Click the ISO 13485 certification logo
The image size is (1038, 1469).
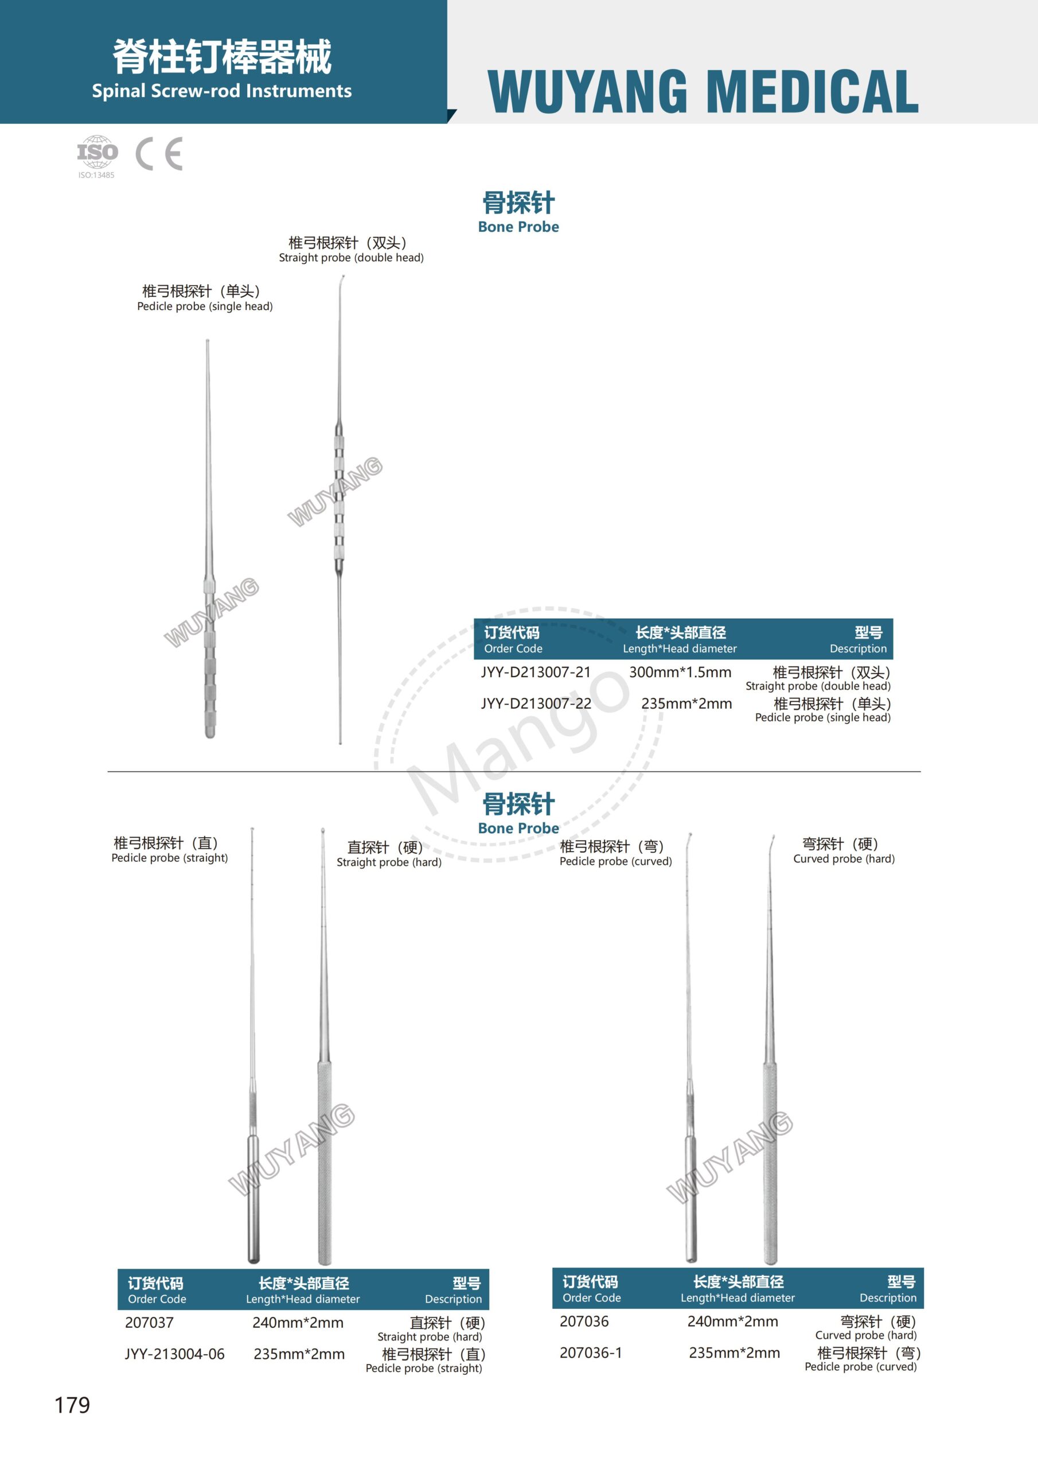pos(97,155)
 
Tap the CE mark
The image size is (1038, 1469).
pos(159,154)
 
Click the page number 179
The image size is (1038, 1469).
pos(72,1406)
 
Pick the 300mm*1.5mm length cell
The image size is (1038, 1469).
pos(680,672)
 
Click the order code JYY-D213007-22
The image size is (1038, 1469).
pos(536,703)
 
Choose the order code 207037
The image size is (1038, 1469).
pos(149,1323)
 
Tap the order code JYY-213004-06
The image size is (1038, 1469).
pos(174,1354)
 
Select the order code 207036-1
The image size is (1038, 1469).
pos(590,1353)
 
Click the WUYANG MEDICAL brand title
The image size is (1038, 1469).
pos(703,91)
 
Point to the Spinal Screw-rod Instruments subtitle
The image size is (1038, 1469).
pos(221,91)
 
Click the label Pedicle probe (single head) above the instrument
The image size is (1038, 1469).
pos(205,306)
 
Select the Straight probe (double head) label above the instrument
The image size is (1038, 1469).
pos(351,258)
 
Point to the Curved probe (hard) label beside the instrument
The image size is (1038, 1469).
pos(844,858)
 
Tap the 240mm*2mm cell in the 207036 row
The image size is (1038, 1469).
pos(732,1321)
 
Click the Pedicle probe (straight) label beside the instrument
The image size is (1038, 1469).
pos(170,858)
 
